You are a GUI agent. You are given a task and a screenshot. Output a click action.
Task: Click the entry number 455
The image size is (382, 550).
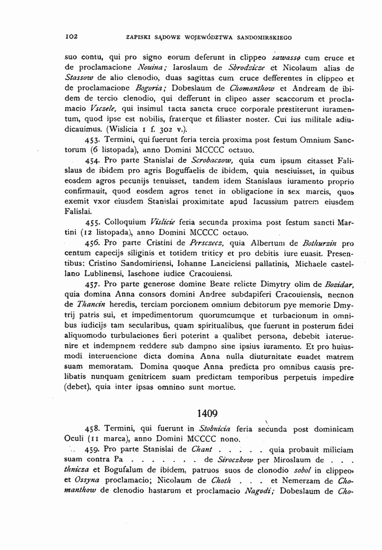[93, 222]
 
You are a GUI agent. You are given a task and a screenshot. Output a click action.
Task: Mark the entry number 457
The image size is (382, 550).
[93, 284]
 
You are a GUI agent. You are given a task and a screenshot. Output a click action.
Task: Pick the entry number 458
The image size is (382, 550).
[93, 429]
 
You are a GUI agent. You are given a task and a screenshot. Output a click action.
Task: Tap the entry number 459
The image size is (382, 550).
[93, 449]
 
